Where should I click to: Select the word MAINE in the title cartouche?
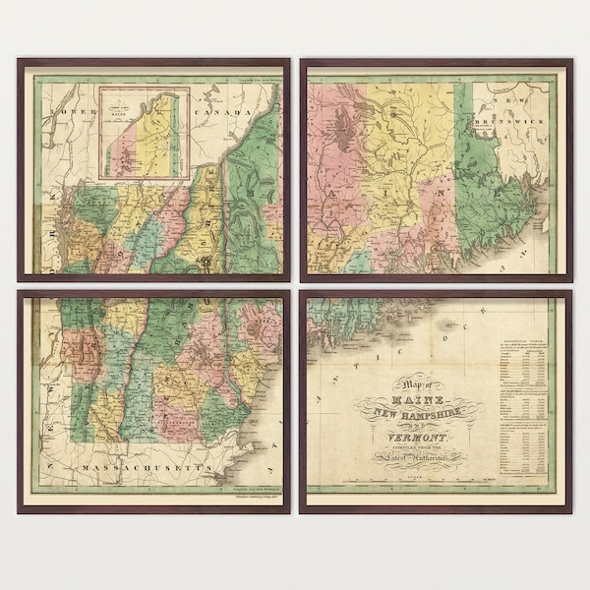[414, 401]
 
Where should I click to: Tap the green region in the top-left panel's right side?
[258, 187]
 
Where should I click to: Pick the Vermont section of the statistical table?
[515, 442]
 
